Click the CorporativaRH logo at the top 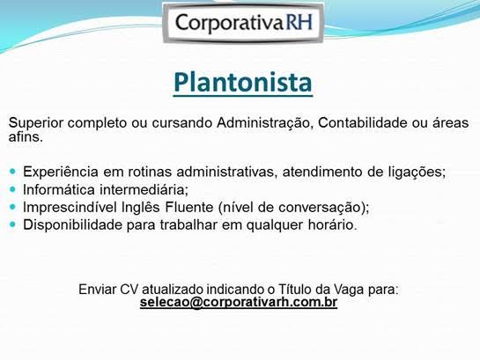(x=244, y=22)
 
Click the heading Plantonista (x=243, y=83)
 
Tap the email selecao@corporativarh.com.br (x=239, y=302)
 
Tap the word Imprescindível (x=70, y=207)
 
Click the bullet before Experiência (x=13, y=172)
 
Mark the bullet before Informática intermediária (x=13, y=189)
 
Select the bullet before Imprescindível (x=13, y=207)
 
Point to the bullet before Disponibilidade (x=13, y=224)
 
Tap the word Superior (x=36, y=122)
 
